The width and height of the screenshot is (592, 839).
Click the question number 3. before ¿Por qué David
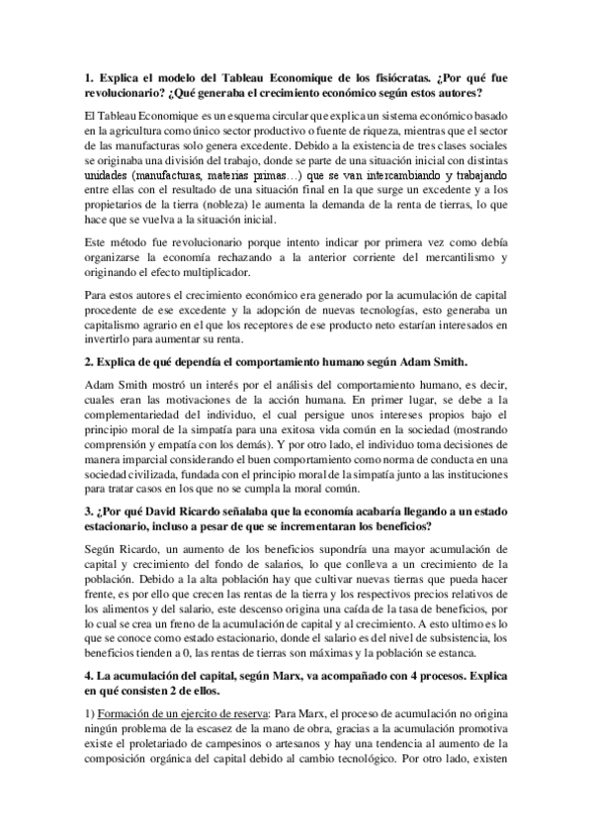(88, 512)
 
